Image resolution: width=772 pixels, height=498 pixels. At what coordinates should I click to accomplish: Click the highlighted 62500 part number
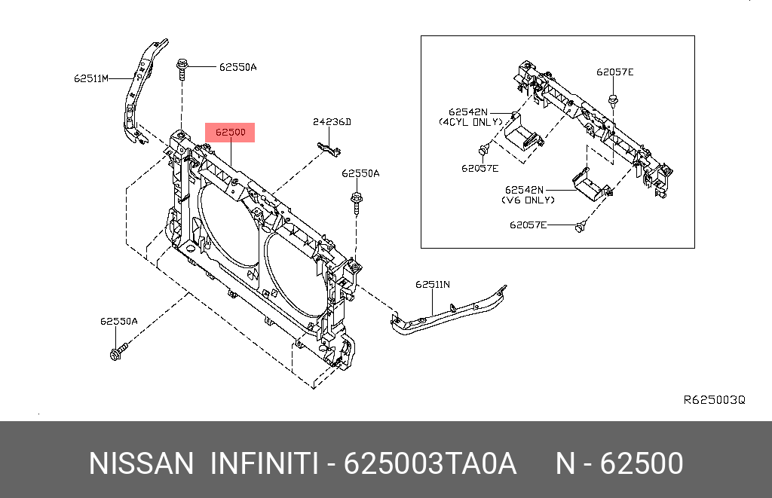230,133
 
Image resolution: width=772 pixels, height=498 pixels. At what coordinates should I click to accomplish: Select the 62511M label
91,78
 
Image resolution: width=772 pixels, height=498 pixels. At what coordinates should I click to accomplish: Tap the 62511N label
432,285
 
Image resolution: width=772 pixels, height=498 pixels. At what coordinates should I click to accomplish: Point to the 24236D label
332,122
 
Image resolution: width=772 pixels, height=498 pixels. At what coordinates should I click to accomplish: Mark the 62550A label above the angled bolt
118,321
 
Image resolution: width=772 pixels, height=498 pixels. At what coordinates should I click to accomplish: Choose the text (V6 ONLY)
528,200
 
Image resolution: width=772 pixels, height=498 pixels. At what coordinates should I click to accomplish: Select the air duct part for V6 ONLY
590,185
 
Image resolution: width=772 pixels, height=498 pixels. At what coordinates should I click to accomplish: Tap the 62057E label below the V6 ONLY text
528,225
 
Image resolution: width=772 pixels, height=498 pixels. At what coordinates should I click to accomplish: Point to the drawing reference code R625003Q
714,400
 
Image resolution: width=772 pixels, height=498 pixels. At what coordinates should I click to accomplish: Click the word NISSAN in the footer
141,464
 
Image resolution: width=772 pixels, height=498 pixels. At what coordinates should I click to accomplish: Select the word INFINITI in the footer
262,464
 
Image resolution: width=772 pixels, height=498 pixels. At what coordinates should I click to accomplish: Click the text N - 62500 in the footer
619,464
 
